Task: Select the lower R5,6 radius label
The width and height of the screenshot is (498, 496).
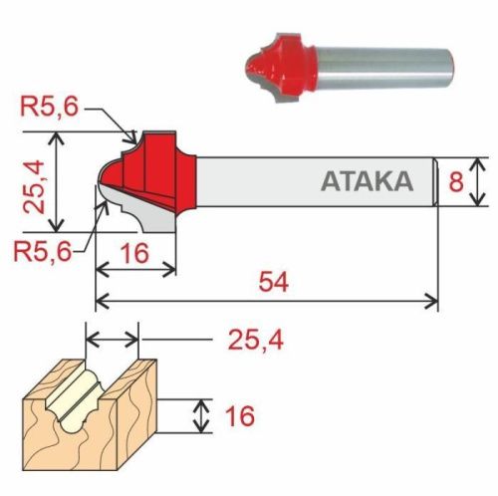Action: click(43, 252)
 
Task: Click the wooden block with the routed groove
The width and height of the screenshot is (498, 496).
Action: click(90, 418)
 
